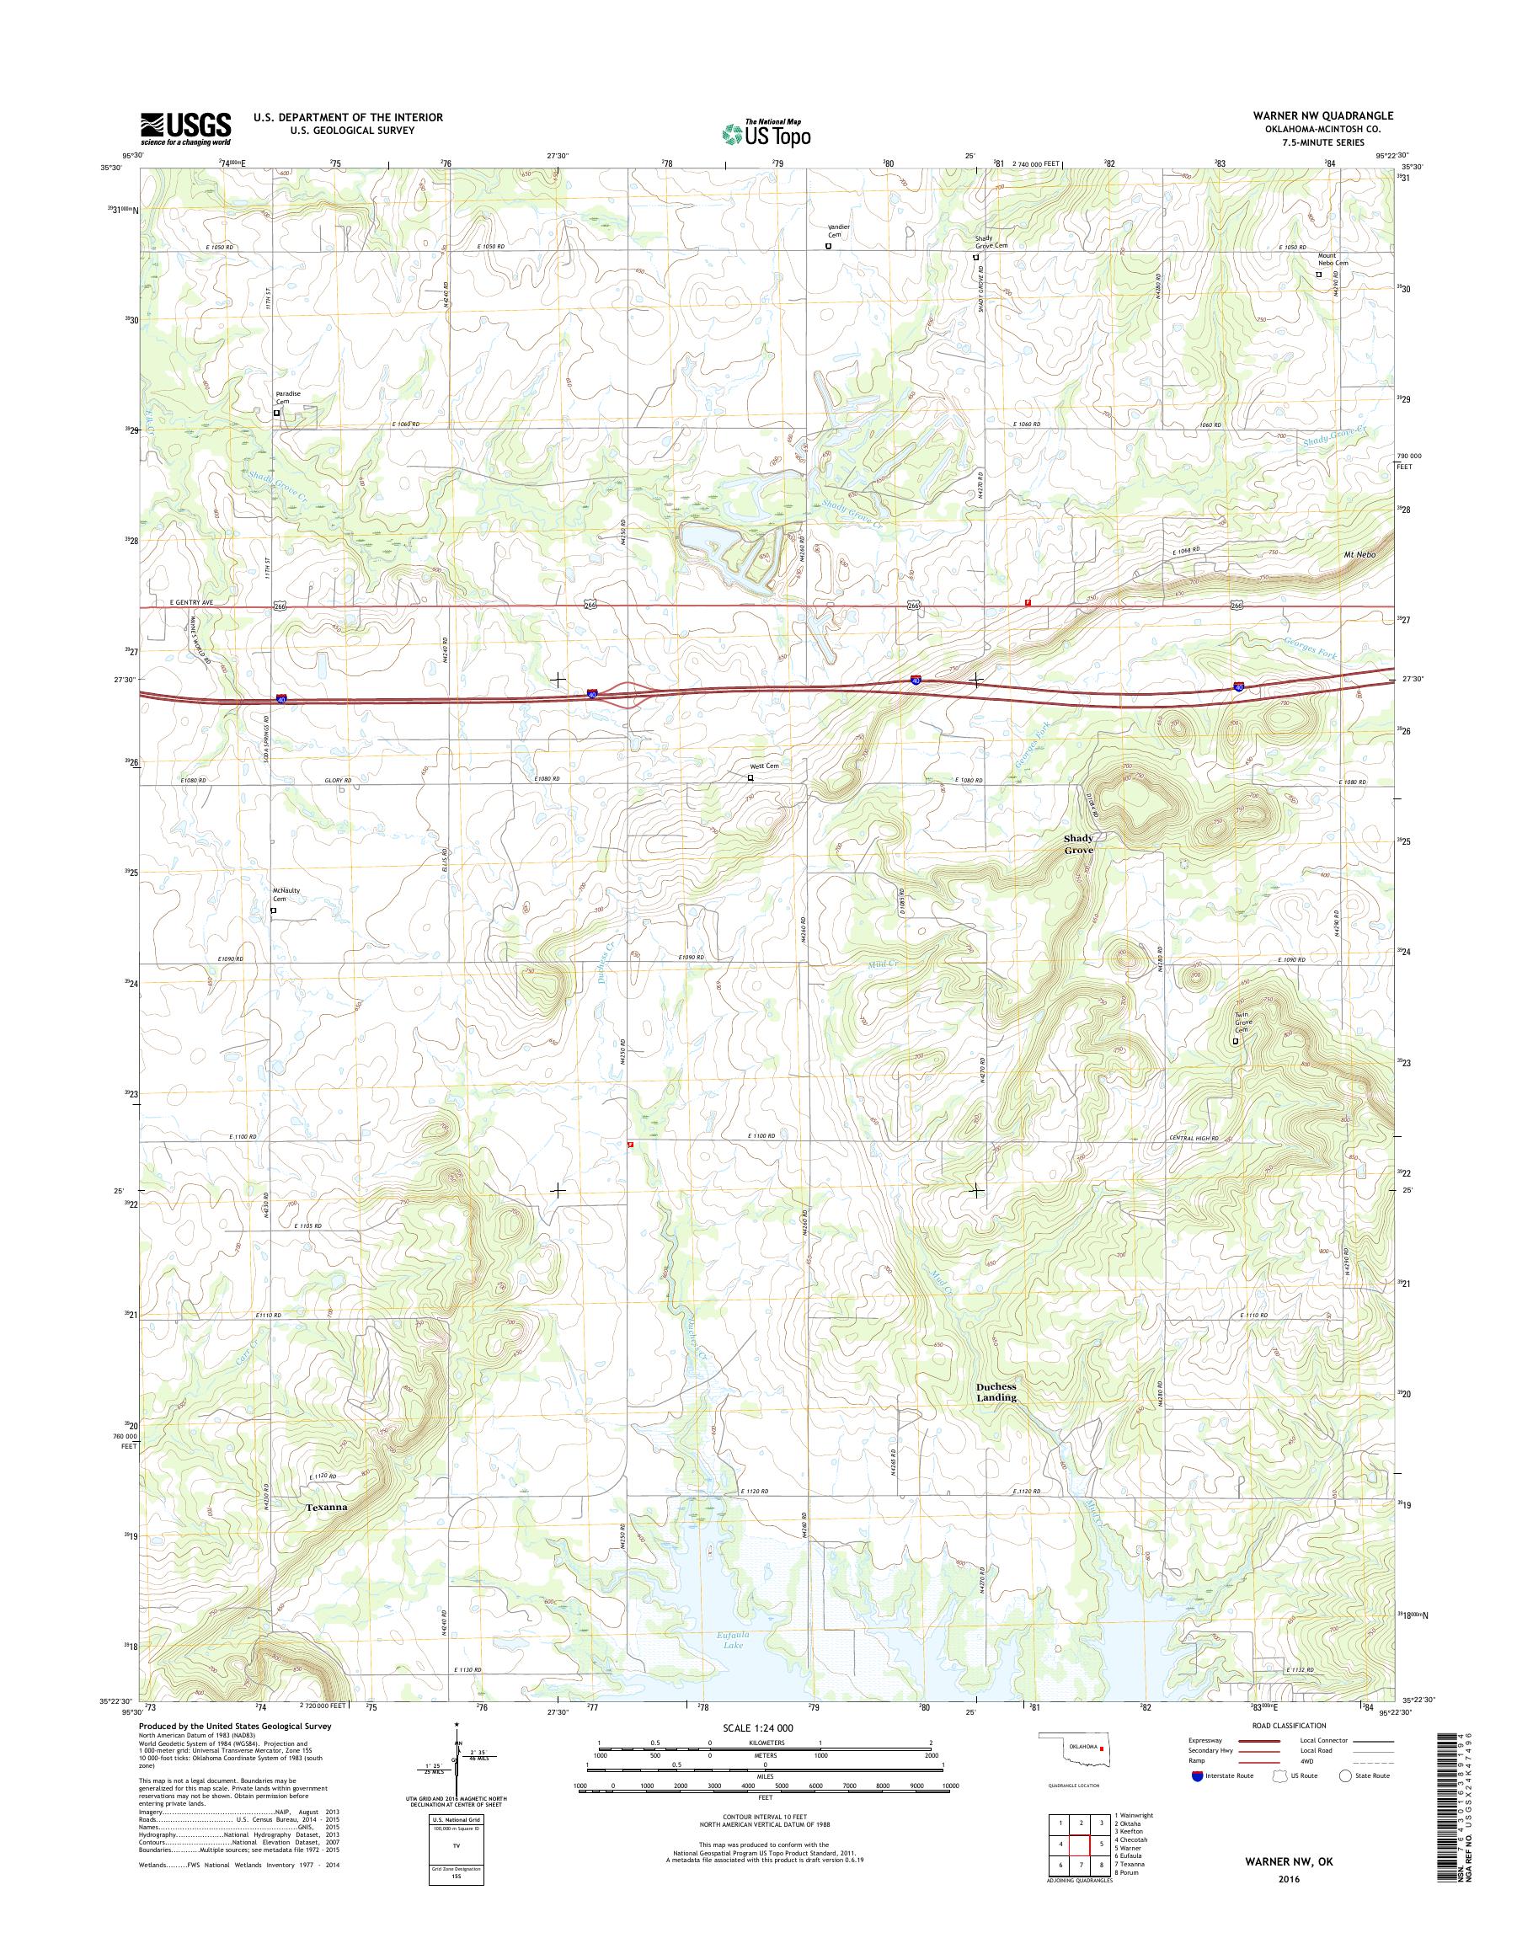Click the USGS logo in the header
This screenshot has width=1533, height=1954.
(x=186, y=128)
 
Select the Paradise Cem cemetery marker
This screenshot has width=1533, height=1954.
(x=276, y=413)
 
